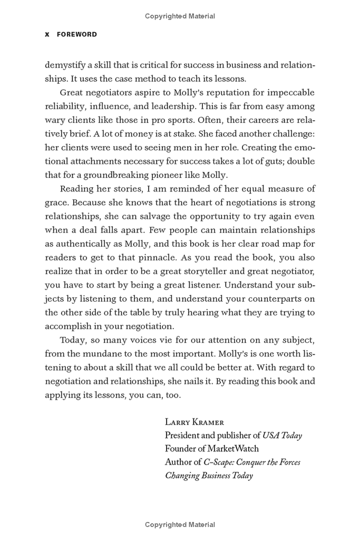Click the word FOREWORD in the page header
[x=77, y=34]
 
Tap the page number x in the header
[x=47, y=34]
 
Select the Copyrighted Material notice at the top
[x=180, y=16]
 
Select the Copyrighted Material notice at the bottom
[x=180, y=525]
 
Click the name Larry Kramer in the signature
[x=194, y=422]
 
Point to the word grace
[x=57, y=202]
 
